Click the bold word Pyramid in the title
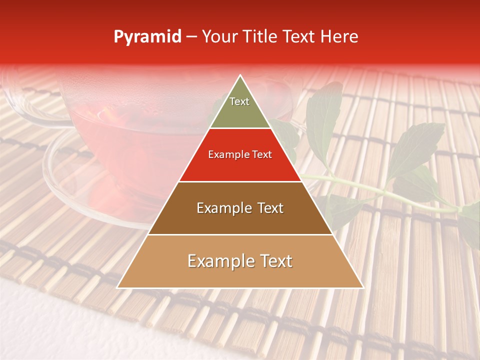coord(147,37)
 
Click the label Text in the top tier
coord(239,101)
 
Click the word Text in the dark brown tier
coord(268,208)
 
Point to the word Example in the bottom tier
coord(218,261)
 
